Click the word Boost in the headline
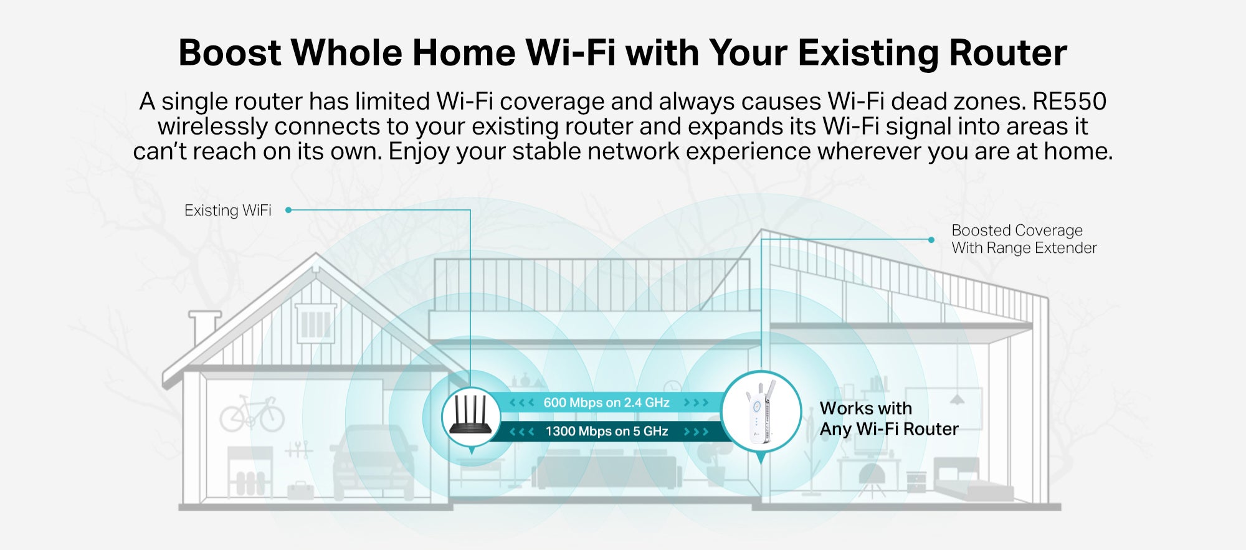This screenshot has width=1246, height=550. [x=230, y=52]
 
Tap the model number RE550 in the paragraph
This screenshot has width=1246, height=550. [x=1069, y=102]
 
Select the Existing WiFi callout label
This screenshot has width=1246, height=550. [x=228, y=211]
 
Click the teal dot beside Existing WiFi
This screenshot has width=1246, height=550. [x=288, y=211]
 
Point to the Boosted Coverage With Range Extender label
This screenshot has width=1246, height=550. [x=1024, y=239]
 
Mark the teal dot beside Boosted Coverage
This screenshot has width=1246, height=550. [x=931, y=240]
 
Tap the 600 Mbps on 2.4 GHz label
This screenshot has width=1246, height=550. [x=606, y=402]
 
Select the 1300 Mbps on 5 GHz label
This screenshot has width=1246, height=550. [x=607, y=431]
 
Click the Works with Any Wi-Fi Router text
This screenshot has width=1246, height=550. [x=889, y=419]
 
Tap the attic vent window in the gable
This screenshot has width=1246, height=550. [x=316, y=323]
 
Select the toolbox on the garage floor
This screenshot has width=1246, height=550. [x=300, y=490]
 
